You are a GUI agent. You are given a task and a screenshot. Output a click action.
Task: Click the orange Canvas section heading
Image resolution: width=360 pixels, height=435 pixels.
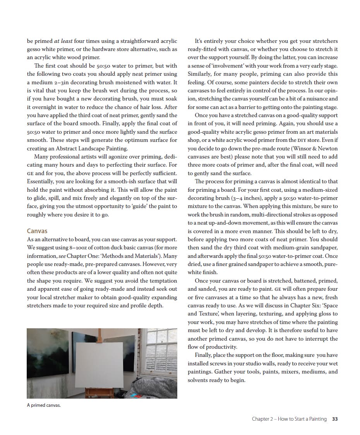(37, 231)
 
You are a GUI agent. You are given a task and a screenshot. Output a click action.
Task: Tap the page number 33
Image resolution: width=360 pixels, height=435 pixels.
(335, 419)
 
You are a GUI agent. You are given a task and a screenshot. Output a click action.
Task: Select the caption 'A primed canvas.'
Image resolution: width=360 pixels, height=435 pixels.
(44, 405)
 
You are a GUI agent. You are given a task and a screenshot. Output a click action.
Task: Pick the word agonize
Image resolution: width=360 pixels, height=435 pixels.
(117, 157)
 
